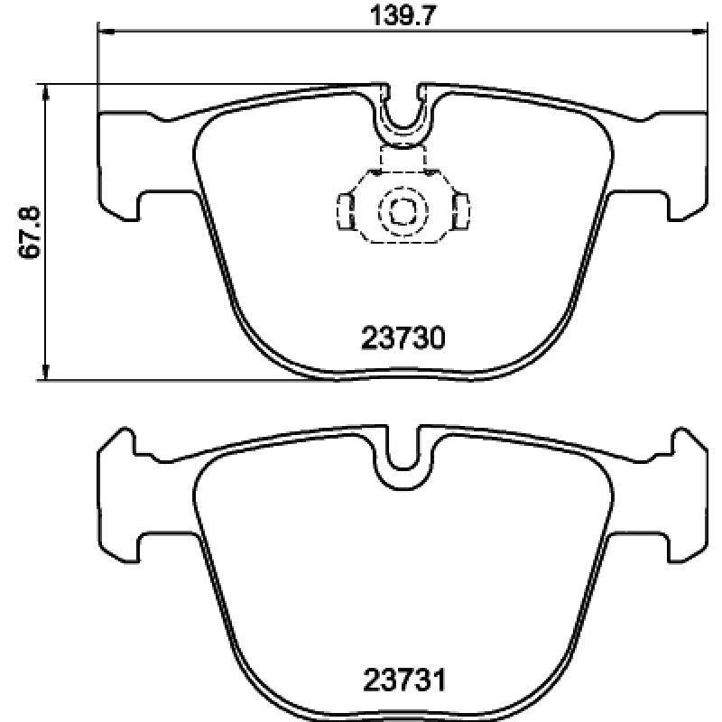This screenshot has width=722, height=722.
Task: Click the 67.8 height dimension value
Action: [x=29, y=232]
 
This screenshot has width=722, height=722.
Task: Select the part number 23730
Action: [x=403, y=338]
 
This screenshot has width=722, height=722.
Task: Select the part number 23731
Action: [x=404, y=680]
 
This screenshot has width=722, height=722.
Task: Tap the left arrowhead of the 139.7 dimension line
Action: [x=106, y=32]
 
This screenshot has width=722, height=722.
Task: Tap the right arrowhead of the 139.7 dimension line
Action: [x=699, y=32]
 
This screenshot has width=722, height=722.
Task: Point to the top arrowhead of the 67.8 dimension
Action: [x=45, y=92]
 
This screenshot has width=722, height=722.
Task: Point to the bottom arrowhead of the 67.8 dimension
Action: [x=45, y=372]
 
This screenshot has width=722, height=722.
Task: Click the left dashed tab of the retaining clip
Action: [x=347, y=211]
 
